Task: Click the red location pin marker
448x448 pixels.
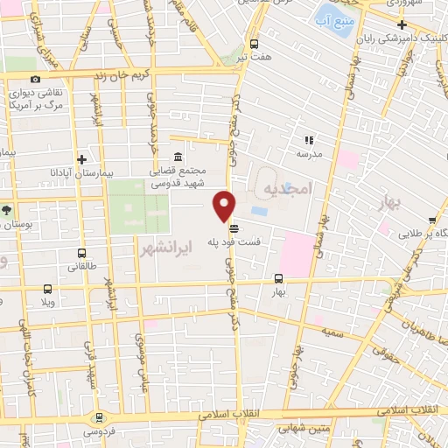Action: pos(225,206)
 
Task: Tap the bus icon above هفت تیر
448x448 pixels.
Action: pos(254,44)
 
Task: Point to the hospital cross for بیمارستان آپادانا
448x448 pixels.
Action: pos(81,160)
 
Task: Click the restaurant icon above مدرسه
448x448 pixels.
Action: pos(308,139)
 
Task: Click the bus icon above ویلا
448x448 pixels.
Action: pos(46,289)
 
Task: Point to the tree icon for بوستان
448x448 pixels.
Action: pos(7,210)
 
